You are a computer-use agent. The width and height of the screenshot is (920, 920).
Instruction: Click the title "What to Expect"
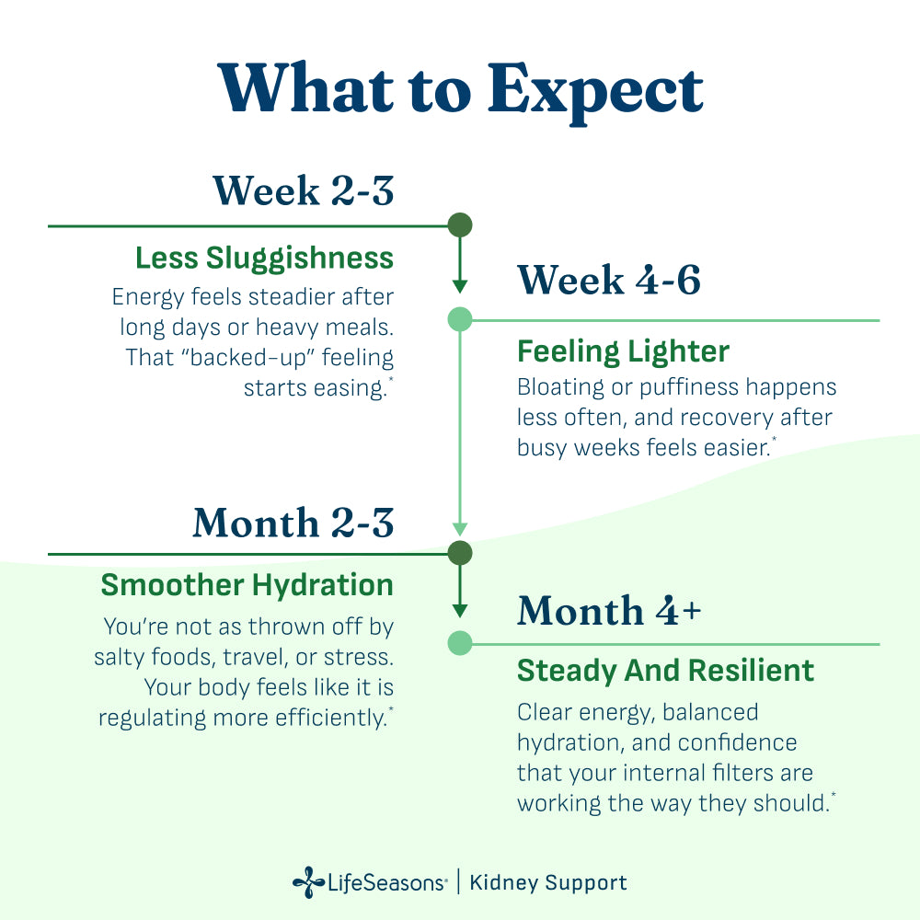pyautogui.click(x=460, y=90)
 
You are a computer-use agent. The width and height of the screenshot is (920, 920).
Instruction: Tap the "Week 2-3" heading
pyautogui.click(x=304, y=190)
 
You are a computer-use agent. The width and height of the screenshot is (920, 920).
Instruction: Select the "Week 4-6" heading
pyautogui.click(x=609, y=280)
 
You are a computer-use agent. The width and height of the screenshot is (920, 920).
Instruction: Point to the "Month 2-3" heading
pyautogui.click(x=293, y=523)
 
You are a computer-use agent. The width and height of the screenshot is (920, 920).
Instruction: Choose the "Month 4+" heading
pyautogui.click(x=609, y=611)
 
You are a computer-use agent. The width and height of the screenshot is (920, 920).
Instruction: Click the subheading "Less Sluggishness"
pyautogui.click(x=264, y=258)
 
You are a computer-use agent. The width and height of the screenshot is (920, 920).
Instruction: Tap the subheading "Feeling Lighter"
pyautogui.click(x=623, y=351)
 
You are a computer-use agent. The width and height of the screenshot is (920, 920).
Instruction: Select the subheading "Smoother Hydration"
pyautogui.click(x=247, y=585)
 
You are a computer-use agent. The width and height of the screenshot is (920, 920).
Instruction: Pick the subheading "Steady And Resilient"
pyautogui.click(x=665, y=671)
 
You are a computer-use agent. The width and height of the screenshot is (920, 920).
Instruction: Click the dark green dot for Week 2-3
pyautogui.click(x=460, y=225)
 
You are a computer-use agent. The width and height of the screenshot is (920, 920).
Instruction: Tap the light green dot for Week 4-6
pyautogui.click(x=460, y=320)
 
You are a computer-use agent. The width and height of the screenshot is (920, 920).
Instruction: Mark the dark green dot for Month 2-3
pyautogui.click(x=460, y=553)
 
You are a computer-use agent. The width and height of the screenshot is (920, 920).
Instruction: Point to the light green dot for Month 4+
pyautogui.click(x=460, y=643)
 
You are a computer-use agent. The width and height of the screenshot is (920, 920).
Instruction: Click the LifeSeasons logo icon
pyautogui.click(x=308, y=883)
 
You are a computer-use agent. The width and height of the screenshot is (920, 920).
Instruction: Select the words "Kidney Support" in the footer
pyautogui.click(x=548, y=883)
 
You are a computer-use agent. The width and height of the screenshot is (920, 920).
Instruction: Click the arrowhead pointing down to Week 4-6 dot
pyautogui.click(x=460, y=285)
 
